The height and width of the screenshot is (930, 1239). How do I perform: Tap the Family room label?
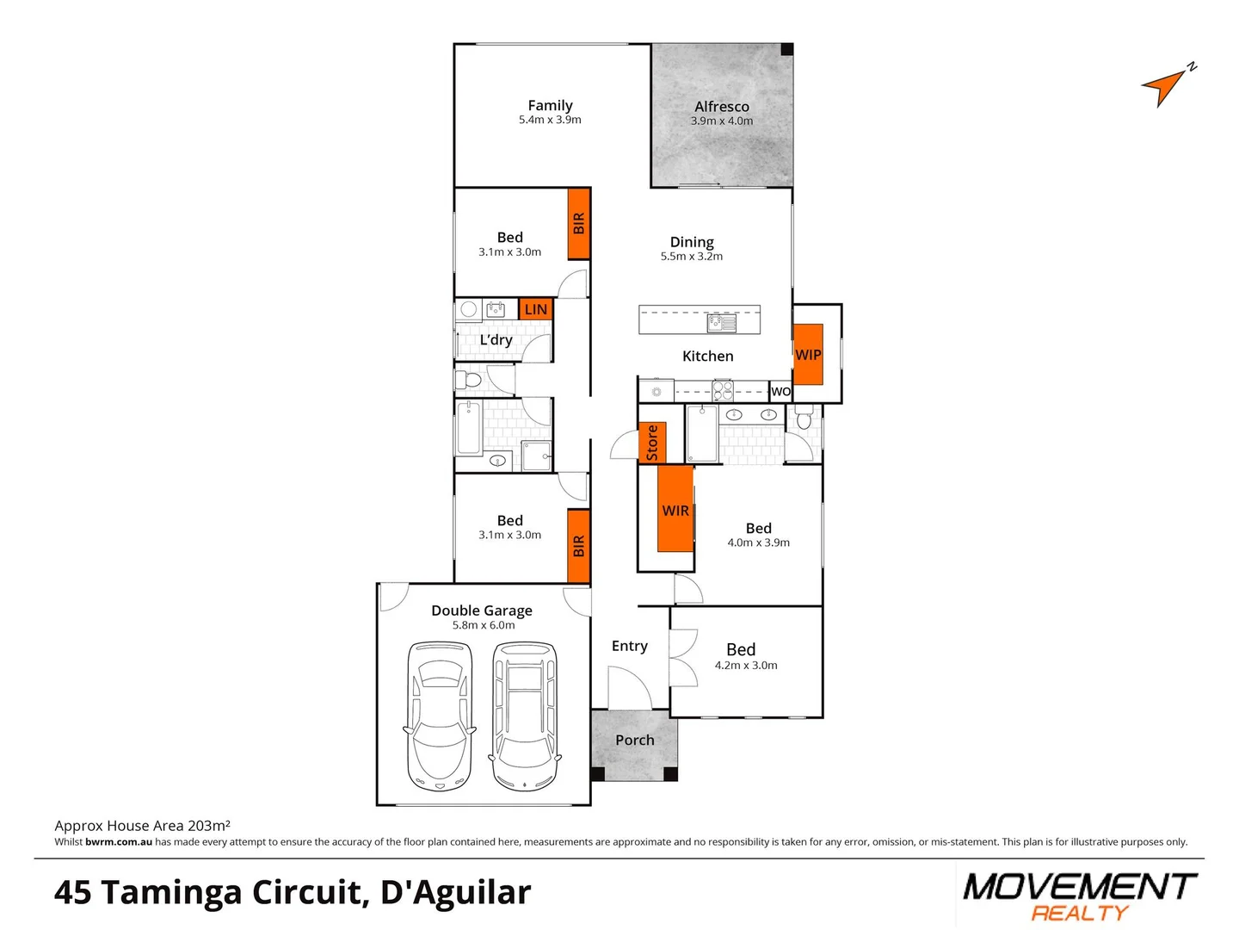tap(550, 106)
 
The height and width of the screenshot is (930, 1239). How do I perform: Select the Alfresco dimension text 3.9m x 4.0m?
tap(721, 121)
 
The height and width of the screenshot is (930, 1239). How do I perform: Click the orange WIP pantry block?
tap(808, 354)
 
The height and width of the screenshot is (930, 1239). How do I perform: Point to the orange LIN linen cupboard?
tap(535, 309)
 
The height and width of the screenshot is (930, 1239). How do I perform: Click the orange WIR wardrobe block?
tap(675, 510)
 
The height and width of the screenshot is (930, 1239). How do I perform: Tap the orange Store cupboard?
tap(652, 443)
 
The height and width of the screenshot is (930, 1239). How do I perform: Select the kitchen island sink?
tap(721, 323)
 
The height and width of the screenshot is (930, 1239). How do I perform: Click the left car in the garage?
tap(440, 716)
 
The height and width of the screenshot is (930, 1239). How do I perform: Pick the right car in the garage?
tap(525, 716)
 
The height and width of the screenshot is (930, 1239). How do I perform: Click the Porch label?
tap(634, 740)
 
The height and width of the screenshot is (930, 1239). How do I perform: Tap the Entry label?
tap(629, 646)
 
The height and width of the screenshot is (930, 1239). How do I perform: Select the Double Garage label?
tap(481, 611)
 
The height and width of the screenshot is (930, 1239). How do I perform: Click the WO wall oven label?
tap(780, 392)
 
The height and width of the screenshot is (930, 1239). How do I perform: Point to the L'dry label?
tap(496, 340)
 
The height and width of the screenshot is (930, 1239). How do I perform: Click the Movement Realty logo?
tap(1080, 896)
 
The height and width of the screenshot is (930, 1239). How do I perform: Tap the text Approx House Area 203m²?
tap(142, 825)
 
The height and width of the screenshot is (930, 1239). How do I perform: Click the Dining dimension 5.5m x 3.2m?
tap(691, 257)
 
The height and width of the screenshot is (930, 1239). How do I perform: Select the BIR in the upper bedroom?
tap(579, 223)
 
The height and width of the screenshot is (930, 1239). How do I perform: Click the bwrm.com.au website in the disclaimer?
tap(119, 842)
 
